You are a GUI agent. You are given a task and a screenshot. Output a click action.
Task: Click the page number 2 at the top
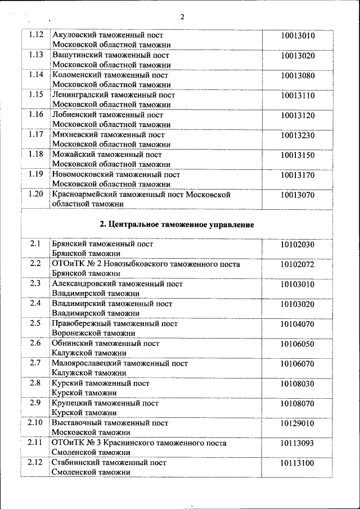pos(182,16)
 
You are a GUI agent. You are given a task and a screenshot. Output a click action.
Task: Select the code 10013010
pos(298,36)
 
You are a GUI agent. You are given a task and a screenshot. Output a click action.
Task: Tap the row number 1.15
pos(35,94)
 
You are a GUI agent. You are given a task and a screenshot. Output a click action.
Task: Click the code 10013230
pos(298,135)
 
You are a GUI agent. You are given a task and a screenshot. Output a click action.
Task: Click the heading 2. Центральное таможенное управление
pos(177,224)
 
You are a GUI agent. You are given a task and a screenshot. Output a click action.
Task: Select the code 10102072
pos(298,264)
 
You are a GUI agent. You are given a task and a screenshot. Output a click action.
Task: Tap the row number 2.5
pos(35,323)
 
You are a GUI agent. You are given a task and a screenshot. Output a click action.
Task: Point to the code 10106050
pos(298,343)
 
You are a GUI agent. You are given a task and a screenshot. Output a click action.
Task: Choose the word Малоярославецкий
pos(86,363)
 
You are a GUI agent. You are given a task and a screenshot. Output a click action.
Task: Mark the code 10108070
pos(298,403)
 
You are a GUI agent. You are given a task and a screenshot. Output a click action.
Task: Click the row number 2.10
pos(35,422)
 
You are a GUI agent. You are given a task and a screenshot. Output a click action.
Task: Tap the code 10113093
pos(298,443)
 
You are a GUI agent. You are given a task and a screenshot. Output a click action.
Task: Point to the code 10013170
pos(298,174)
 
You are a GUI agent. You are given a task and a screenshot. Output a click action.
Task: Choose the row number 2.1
pos(35,244)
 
